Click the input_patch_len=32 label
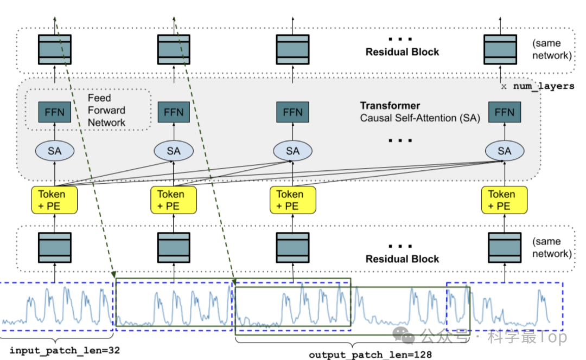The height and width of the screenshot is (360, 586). pyautogui.click(x=65, y=351)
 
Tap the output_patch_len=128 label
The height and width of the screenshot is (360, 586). pyautogui.click(x=371, y=355)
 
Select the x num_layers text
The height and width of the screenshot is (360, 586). pyautogui.click(x=537, y=86)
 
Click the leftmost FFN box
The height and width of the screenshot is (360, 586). pyautogui.click(x=54, y=112)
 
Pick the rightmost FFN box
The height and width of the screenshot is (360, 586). pyautogui.click(x=505, y=112)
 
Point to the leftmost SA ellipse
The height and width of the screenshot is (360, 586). pyautogui.click(x=54, y=151)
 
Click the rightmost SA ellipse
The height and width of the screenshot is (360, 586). pyautogui.click(x=505, y=151)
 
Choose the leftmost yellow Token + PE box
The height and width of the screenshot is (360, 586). pyautogui.click(x=54, y=200)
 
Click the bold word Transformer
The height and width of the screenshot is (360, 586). pyautogui.click(x=390, y=106)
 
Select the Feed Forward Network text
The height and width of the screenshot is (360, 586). pyautogui.click(x=106, y=110)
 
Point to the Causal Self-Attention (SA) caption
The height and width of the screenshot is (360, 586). pyautogui.click(x=420, y=118)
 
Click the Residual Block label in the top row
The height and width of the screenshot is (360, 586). pyautogui.click(x=402, y=52)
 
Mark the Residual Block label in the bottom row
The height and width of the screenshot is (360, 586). pyautogui.click(x=402, y=259)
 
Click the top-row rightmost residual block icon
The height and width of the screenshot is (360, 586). pyautogui.click(x=500, y=49)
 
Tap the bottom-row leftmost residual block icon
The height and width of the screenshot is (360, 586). pyautogui.click(x=54, y=248)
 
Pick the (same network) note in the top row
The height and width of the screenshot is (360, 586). pyautogui.click(x=552, y=49)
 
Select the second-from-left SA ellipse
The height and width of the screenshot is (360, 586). pyautogui.click(x=173, y=151)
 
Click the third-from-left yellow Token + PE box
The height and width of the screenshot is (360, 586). pyautogui.click(x=292, y=200)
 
